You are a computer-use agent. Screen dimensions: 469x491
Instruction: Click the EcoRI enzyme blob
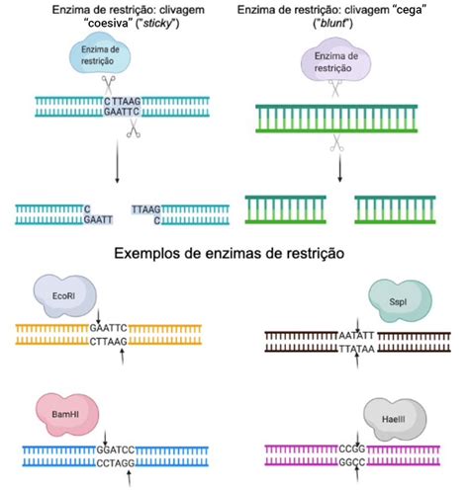(64, 295)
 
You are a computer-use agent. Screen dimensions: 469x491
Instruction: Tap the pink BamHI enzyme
(67, 414)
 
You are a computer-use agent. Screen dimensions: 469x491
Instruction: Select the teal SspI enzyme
(400, 301)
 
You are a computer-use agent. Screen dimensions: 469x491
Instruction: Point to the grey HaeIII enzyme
(395, 419)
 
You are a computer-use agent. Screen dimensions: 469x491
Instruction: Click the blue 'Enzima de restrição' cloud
(100, 55)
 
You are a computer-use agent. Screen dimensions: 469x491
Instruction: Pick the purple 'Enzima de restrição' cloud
(335, 62)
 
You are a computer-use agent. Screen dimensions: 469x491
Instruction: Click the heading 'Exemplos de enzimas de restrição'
(230, 253)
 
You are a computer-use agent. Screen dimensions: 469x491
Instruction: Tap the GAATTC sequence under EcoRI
(108, 328)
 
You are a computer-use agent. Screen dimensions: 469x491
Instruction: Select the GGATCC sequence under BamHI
(116, 450)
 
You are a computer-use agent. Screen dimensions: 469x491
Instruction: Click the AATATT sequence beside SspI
(356, 336)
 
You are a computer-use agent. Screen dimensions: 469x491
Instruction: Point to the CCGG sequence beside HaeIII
(352, 449)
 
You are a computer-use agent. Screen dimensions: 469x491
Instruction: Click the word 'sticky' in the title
(158, 24)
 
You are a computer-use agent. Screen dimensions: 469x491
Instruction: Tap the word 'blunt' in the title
(332, 24)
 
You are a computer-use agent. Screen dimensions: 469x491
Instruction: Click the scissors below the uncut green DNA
(336, 143)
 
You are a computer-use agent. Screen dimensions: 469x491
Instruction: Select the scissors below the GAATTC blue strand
(134, 128)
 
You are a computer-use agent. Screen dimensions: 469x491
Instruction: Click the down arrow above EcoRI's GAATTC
(98, 316)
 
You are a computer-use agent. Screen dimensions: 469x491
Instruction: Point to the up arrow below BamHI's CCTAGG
(129, 478)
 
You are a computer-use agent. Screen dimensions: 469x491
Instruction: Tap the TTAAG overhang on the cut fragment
(146, 209)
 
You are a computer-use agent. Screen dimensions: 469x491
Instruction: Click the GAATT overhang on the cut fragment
(98, 219)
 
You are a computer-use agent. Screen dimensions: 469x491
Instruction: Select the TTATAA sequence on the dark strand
(357, 349)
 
